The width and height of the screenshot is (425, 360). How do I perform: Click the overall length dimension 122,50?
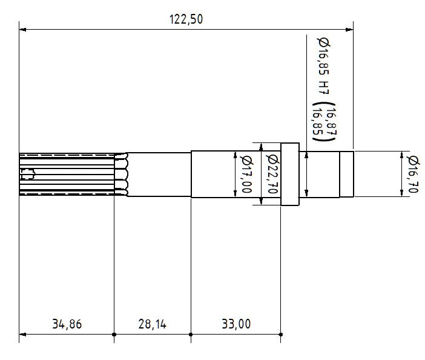pos(186,19)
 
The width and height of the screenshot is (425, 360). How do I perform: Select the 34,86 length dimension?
pos(67,324)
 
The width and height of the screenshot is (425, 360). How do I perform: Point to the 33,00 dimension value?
pos(236,324)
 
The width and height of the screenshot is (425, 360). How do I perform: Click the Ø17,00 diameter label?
pos(246,175)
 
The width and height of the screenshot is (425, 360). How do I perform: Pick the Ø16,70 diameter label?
pos(414,175)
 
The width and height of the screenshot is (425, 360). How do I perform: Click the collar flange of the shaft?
pos(289,175)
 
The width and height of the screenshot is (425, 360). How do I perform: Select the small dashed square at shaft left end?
pos(27,175)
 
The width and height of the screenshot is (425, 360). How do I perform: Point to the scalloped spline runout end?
pos(126,175)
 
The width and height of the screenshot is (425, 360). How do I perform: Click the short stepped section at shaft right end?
pos(346,175)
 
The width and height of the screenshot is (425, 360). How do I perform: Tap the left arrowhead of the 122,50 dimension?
pos(23,28)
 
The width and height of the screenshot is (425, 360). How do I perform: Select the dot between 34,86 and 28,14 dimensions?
pos(114,334)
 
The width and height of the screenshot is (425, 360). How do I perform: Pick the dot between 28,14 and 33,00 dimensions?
pos(191,334)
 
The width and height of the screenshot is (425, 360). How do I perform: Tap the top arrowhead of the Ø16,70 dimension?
pos(402,155)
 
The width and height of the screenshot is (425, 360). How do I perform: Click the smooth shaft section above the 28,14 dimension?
pos(160,175)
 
